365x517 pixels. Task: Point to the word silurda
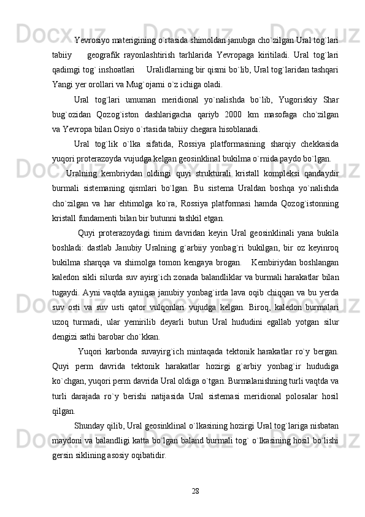click(x=120, y=278)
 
